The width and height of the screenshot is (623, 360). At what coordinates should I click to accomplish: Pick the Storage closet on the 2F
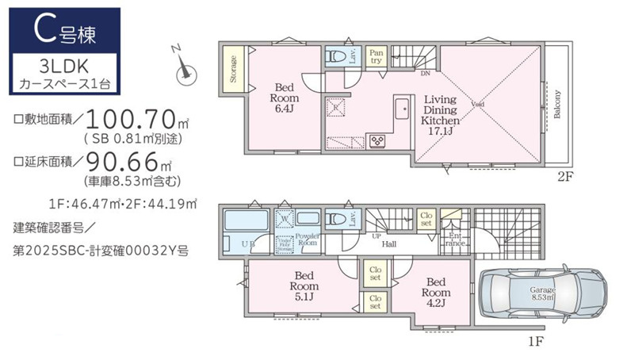coord(234,69)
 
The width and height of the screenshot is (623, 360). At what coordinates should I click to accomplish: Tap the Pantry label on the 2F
coord(376,56)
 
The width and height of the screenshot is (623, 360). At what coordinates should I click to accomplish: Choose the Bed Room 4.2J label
coord(437,291)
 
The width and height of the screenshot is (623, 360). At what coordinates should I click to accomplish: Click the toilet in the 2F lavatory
coord(337,57)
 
